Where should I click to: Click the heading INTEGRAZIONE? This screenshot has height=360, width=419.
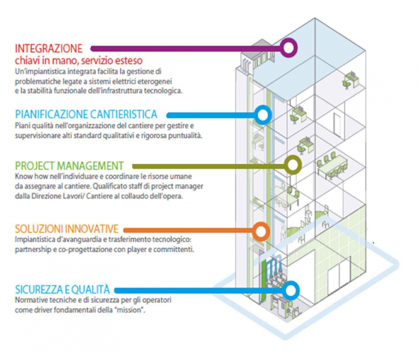point(49,49)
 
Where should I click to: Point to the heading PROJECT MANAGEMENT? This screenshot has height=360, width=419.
point(70,166)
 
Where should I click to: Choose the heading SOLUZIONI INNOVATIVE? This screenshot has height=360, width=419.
point(67,229)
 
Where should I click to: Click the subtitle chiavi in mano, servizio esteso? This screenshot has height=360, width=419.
point(79,61)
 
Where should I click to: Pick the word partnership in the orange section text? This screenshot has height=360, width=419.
point(33,250)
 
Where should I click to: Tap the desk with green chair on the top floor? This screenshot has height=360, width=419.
point(351,80)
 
